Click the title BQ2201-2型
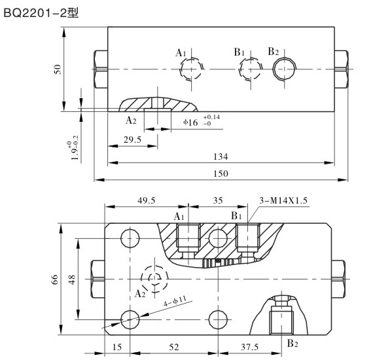click(41, 11)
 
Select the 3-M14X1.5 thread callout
click(285, 200)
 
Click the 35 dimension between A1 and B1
click(218, 201)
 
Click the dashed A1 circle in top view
click(190, 69)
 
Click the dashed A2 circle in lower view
click(154, 278)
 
